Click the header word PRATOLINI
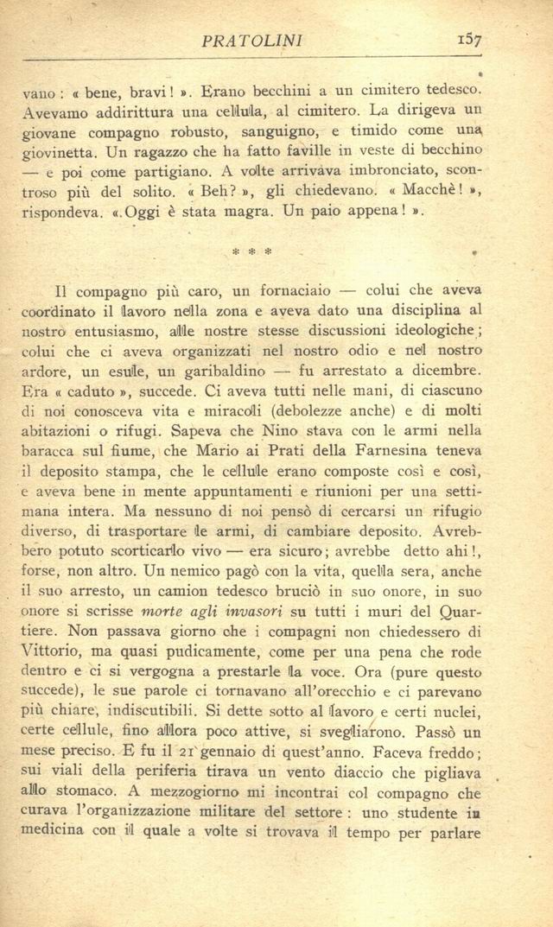(x=251, y=41)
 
